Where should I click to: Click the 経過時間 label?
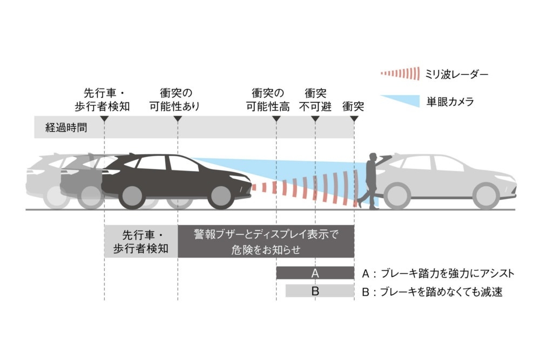(66, 128)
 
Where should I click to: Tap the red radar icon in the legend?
(400, 73)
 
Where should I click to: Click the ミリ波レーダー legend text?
(457, 74)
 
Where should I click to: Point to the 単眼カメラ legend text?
(450, 101)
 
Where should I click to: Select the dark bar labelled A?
(315, 273)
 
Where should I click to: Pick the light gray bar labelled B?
(320, 291)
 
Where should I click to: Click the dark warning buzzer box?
(266, 241)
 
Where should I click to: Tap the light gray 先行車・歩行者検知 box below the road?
(141, 241)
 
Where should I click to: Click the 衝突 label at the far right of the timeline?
(353, 106)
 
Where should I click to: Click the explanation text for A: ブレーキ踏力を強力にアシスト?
(438, 274)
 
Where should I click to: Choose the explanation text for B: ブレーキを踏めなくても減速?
(432, 292)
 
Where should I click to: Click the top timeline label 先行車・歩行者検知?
(102, 100)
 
